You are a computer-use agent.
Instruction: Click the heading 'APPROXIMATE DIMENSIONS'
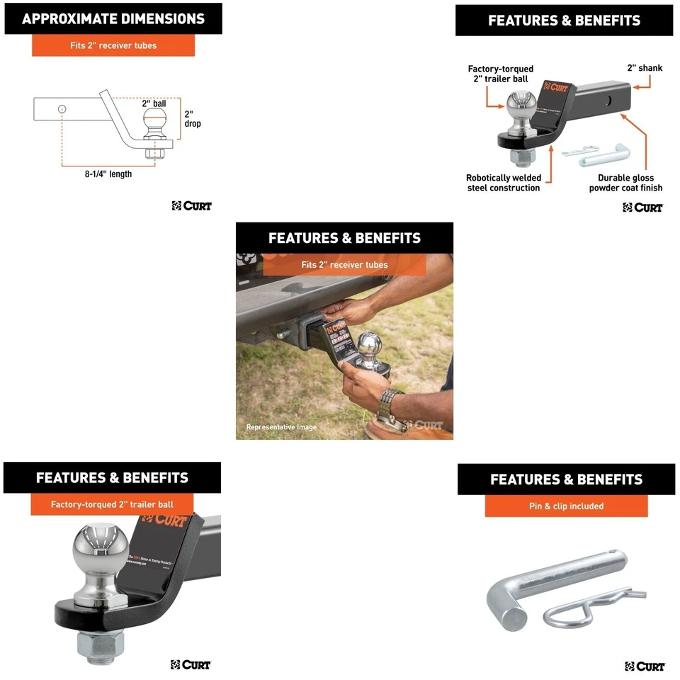click(113, 19)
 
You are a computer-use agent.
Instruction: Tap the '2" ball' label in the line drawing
click(154, 103)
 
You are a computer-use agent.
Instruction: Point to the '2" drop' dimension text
click(192, 118)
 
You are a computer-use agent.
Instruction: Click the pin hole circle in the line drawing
click(63, 109)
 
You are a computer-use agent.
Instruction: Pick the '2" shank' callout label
click(645, 68)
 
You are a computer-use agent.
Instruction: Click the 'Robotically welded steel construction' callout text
click(503, 183)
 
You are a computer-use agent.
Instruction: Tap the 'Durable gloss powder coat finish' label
click(625, 183)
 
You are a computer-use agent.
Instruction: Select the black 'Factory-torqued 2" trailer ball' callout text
click(501, 74)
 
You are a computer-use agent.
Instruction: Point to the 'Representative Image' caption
click(281, 427)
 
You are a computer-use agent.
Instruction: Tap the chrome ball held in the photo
click(368, 346)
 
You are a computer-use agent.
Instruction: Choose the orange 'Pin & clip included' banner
click(566, 506)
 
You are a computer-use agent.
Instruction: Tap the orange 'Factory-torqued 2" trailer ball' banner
click(112, 504)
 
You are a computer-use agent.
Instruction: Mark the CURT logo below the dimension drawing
click(191, 206)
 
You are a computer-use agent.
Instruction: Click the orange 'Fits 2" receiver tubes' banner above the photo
click(344, 264)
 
